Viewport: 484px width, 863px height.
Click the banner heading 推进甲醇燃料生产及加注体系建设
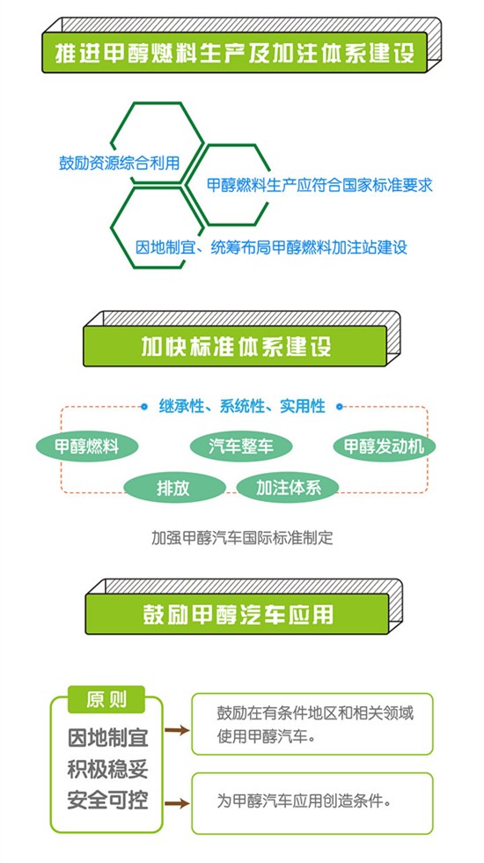pos(235,53)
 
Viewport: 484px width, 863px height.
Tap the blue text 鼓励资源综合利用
pos(120,163)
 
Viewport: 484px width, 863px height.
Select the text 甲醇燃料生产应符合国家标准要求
pos(319,185)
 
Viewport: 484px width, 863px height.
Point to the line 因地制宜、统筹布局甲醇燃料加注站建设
pos(271,247)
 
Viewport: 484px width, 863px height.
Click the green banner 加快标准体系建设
pos(236,346)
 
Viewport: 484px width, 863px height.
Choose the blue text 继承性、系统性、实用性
pos(242,407)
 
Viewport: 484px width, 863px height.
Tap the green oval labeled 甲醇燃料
pos(87,446)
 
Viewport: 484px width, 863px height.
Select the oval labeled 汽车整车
pos(241,446)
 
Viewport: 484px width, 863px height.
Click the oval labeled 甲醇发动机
pos(384,446)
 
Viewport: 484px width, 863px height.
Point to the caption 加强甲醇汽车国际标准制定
pos(242,537)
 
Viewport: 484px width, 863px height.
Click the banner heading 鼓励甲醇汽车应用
pos(238,615)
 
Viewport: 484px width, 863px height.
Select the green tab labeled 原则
pos(106,699)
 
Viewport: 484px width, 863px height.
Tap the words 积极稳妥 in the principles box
pos(107,769)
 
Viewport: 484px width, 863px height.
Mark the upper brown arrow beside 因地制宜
pos(177,731)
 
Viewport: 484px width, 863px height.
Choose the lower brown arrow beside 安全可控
pos(177,804)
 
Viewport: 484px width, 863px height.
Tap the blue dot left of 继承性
pos(143,407)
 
